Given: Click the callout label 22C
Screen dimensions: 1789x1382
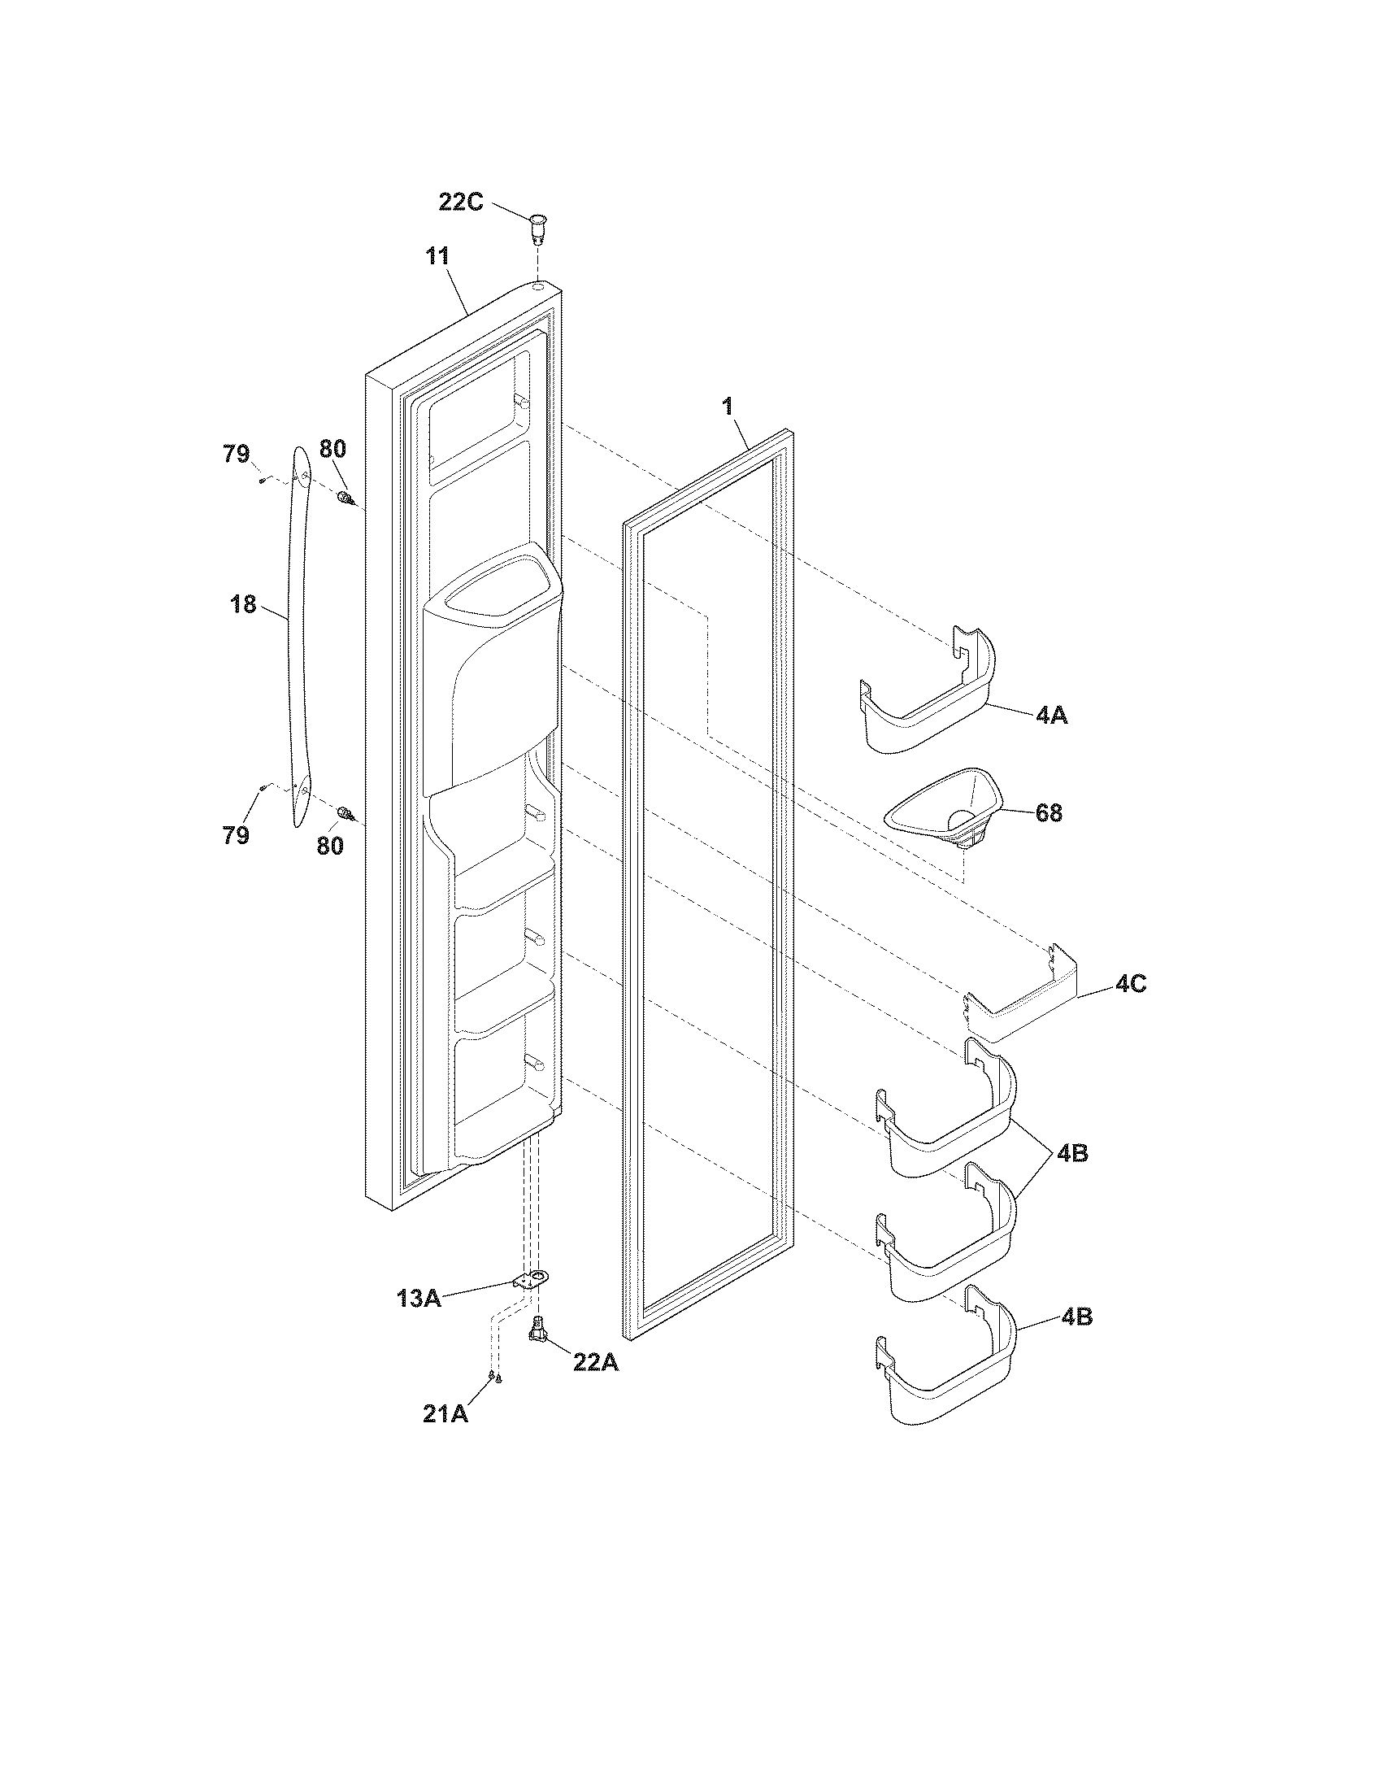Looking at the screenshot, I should [x=461, y=201].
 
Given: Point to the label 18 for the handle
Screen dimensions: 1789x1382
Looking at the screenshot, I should [x=243, y=605].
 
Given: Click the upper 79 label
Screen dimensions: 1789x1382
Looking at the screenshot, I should [x=237, y=454].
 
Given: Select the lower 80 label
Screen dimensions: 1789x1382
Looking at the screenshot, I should [x=330, y=846].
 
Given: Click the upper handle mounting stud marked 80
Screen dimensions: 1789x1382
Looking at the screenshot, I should [x=345, y=497].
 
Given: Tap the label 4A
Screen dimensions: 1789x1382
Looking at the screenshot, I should [x=1051, y=715].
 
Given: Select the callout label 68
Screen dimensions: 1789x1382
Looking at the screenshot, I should [x=1049, y=812].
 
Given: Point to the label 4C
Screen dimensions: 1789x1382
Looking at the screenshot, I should [x=1130, y=985].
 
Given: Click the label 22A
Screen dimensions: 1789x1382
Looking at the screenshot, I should [x=596, y=1363].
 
